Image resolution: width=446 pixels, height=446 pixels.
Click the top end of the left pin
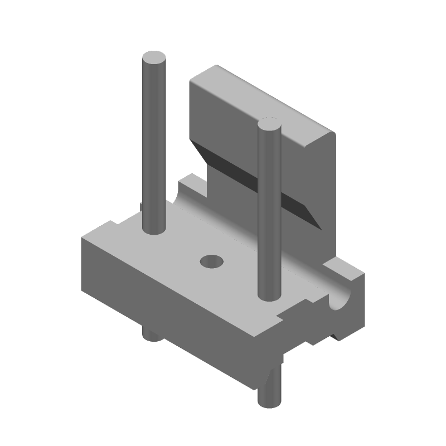tap(154, 58)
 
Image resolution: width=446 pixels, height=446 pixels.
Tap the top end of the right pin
tap(269, 125)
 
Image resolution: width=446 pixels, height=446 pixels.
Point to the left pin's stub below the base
tap(151, 335)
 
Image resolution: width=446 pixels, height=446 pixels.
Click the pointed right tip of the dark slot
tap(320, 226)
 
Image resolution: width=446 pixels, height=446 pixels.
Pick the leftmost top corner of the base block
tap(83, 239)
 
